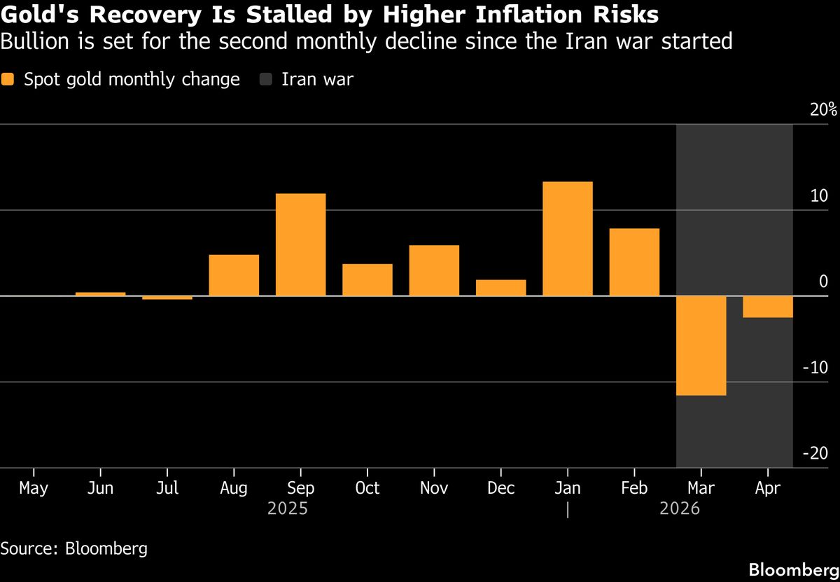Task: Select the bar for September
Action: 300,244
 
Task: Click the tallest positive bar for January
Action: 568,239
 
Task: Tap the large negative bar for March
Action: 701,345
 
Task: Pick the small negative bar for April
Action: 768,307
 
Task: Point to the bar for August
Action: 234,275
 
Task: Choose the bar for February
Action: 634,262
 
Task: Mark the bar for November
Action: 434,270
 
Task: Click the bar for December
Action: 501,288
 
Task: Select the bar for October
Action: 367,279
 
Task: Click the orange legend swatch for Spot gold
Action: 8,80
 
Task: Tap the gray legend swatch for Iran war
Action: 265,80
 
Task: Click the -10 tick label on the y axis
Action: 815,368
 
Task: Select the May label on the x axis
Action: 34,487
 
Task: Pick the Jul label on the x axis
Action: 167,487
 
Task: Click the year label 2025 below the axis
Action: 288,509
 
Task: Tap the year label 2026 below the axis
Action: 680,509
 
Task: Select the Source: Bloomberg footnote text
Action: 73,548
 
